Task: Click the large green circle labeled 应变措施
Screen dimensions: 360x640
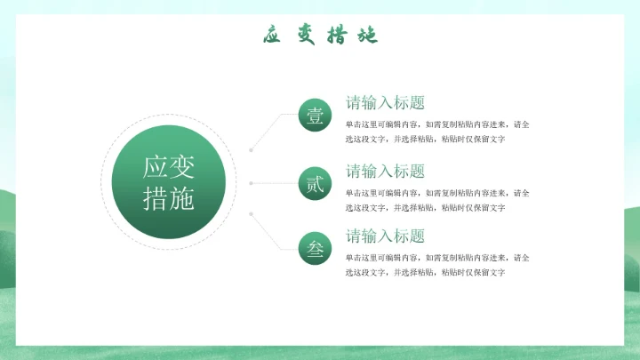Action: pyautogui.click(x=169, y=182)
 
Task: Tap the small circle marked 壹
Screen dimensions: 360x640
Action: pyautogui.click(x=315, y=116)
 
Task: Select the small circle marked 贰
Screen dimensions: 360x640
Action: pyautogui.click(x=315, y=184)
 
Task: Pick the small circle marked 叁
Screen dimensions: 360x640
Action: pyautogui.click(x=315, y=250)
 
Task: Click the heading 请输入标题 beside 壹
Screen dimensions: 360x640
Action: pyautogui.click(x=385, y=102)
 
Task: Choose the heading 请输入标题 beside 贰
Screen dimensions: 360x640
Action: pyautogui.click(x=385, y=171)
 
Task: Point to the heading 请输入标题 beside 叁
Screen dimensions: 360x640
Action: pyautogui.click(x=385, y=236)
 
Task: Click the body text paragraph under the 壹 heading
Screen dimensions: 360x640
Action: pyautogui.click(x=437, y=132)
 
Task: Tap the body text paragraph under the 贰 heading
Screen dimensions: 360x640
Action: pyautogui.click(x=437, y=200)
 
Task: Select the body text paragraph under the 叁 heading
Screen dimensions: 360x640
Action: pyautogui.click(x=437, y=265)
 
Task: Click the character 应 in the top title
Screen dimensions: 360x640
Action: pyautogui.click(x=273, y=36)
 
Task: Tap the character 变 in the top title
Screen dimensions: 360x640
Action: pyautogui.click(x=306, y=36)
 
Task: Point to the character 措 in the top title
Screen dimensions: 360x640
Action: pyautogui.click(x=336, y=36)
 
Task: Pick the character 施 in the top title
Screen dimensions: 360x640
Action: pyautogui.click(x=366, y=36)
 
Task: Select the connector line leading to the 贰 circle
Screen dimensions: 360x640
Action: pyautogui.click(x=276, y=184)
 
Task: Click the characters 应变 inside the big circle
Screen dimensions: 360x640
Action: pyautogui.click(x=169, y=166)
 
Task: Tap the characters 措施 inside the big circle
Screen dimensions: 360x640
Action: pyautogui.click(x=169, y=199)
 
